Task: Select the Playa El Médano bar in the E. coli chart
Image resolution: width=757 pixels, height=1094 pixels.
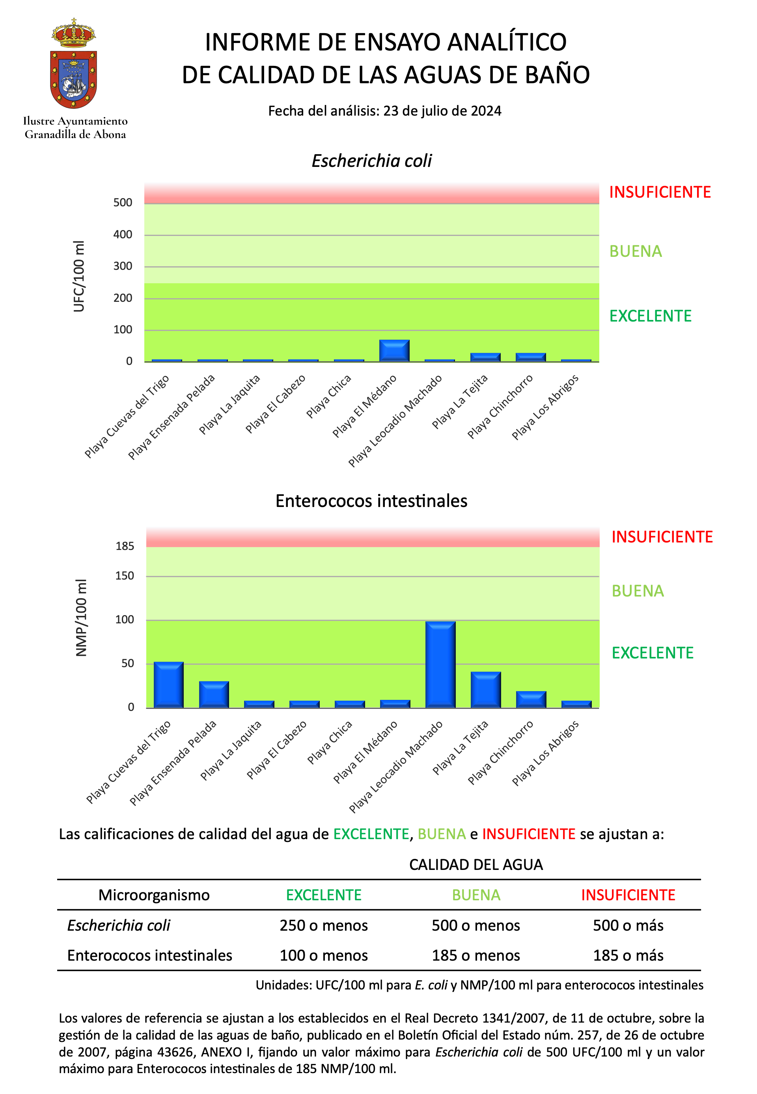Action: (394, 351)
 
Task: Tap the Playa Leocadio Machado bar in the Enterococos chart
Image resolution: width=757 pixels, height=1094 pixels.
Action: (441, 664)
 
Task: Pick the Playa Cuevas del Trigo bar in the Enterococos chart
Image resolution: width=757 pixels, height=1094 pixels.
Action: (168, 685)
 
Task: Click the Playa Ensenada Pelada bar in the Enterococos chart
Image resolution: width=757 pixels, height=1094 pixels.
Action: (214, 694)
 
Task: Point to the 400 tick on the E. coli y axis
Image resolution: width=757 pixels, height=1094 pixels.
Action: (123, 234)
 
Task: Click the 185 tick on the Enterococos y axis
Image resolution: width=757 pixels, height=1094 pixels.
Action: (125, 546)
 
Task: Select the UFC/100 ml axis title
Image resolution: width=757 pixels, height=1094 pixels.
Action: (79, 276)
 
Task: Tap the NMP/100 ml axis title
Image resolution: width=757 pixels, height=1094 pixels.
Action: (81, 617)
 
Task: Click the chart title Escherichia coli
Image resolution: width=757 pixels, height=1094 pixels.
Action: (372, 161)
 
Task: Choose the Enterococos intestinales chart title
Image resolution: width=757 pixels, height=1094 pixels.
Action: (371, 501)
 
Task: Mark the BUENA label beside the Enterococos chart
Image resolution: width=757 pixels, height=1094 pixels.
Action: (638, 591)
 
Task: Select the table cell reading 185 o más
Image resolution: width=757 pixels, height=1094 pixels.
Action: (628, 955)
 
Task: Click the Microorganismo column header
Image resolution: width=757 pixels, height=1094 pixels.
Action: (154, 895)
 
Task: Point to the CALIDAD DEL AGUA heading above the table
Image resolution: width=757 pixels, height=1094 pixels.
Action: (476, 865)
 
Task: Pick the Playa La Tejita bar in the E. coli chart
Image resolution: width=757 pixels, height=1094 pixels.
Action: (485, 357)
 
